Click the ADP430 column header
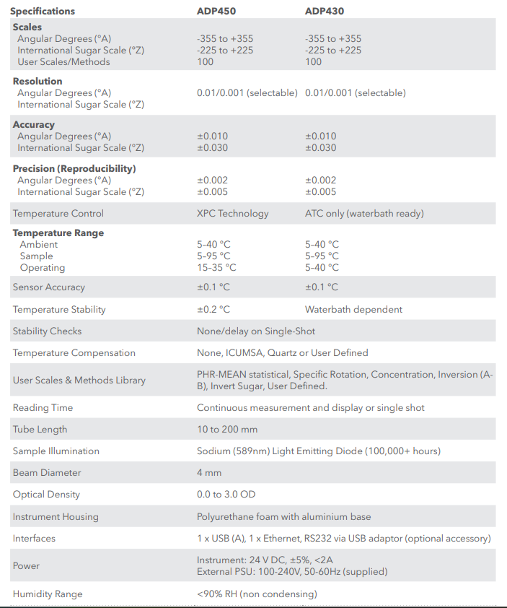pyautogui.click(x=324, y=12)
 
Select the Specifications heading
pyautogui.click(x=43, y=12)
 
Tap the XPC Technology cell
pyautogui.click(x=232, y=214)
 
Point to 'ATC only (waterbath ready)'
pyautogui.click(x=364, y=214)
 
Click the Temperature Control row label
pyautogui.click(x=58, y=214)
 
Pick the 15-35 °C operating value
pyautogui.click(x=216, y=268)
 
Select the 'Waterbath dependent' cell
pyautogui.click(x=353, y=310)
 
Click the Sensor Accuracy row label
pyautogui.click(x=49, y=287)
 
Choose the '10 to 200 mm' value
pyautogui.click(x=227, y=430)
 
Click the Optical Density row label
pyautogui.click(x=46, y=495)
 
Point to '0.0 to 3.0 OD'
pyautogui.click(x=226, y=495)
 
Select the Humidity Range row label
pyautogui.click(x=48, y=594)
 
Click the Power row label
pyautogui.click(x=26, y=566)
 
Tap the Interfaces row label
pyautogui.click(x=34, y=539)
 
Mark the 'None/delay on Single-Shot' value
pyautogui.click(x=256, y=331)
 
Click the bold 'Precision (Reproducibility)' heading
pyautogui.click(x=74, y=169)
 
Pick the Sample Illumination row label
pyautogui.click(x=56, y=451)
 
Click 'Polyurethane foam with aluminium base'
pyautogui.click(x=283, y=517)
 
